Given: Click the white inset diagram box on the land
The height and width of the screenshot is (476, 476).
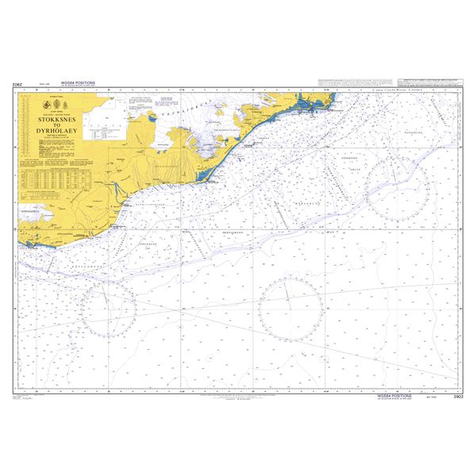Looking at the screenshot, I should pyautogui.click(x=104, y=120).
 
